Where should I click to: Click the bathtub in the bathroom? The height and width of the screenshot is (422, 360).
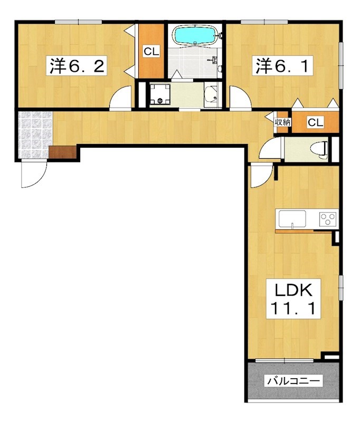click(196, 36)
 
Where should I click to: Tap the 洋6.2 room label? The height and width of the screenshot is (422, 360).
click(77, 65)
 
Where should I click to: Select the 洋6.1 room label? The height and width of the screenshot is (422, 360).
click(282, 65)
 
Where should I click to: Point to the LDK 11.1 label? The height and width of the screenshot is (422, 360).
click(293, 299)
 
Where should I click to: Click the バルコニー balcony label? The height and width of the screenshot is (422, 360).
click(294, 381)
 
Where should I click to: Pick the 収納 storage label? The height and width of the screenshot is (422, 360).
click(282, 122)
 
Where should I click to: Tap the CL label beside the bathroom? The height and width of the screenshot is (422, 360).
click(151, 51)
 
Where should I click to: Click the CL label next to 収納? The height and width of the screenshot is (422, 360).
click(315, 122)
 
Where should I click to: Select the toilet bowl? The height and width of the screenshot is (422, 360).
click(318, 149)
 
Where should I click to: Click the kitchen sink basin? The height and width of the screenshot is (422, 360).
click(292, 219)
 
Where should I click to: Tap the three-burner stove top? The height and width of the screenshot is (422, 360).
click(328, 219)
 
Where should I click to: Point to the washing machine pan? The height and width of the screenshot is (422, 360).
click(160, 94)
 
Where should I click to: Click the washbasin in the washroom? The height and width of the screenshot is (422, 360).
click(211, 94)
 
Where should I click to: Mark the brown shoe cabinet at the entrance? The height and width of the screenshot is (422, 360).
click(63, 152)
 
